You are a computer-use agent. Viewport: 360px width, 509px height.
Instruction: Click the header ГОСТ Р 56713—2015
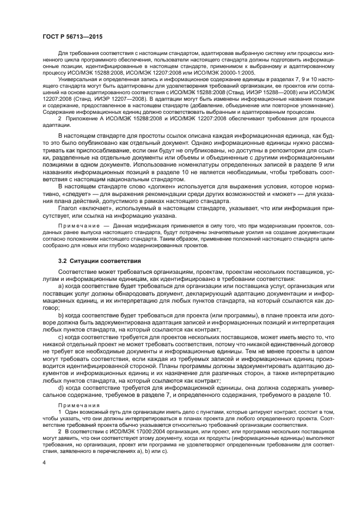tap(72, 36)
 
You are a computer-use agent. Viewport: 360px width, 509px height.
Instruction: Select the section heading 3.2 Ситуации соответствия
tap(99, 261)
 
